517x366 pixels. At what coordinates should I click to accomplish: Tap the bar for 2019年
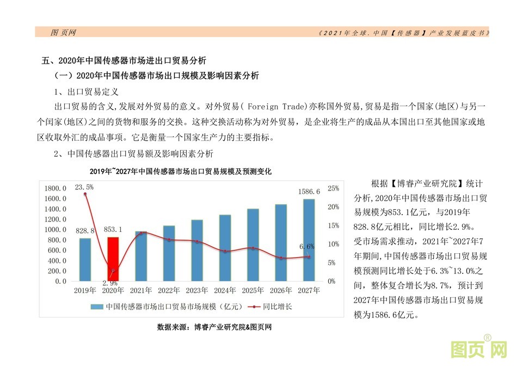pos(85,259)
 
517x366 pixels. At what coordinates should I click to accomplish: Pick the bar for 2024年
pos(225,248)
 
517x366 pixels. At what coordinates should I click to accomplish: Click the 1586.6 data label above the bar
pos(309,192)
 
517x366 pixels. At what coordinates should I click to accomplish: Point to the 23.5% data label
pos(84,187)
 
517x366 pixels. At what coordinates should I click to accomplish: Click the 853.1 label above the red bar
pos(113,230)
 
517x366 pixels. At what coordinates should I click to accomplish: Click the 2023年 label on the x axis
pos(197,290)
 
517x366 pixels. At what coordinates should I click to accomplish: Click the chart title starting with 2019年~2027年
pos(181,171)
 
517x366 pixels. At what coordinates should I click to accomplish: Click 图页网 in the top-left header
pos(63,33)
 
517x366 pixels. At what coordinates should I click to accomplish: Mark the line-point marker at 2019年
pos(85,194)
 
